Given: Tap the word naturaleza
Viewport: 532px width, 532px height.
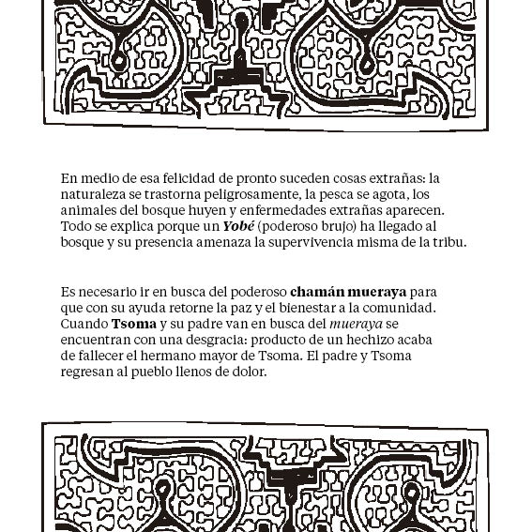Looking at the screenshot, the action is [x=96, y=194].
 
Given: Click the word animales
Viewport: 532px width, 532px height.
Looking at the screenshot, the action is [x=89, y=210].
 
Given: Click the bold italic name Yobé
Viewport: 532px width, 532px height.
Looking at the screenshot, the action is [x=239, y=226].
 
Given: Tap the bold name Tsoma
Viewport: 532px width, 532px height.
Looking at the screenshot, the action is [x=133, y=324].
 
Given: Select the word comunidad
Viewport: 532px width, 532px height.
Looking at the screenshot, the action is [x=399, y=308].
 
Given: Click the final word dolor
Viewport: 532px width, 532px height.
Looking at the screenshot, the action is [x=249, y=372].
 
